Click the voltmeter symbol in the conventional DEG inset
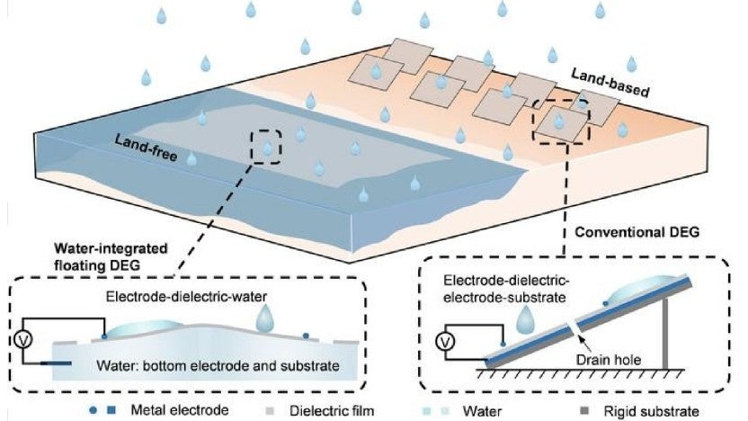[x=446, y=341]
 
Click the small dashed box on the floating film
[x=267, y=145]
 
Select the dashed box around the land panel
[x=560, y=117]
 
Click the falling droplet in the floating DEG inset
[x=267, y=318]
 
